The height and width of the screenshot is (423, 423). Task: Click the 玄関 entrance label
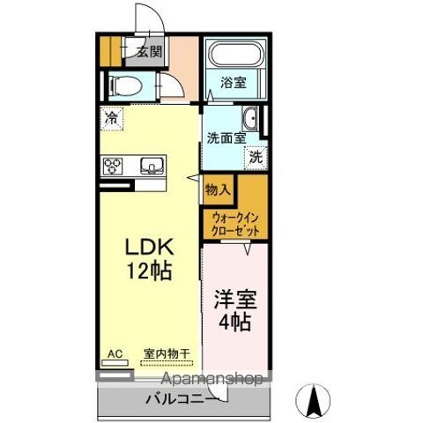(149, 51)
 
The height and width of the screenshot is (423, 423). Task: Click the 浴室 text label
(234, 83)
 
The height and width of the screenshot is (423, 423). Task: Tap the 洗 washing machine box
(255, 158)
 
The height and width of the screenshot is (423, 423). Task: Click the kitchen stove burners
(114, 165)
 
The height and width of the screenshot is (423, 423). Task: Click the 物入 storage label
(219, 189)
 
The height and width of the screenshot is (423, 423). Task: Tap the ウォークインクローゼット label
(234, 223)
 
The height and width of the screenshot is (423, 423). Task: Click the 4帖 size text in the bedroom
(234, 322)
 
